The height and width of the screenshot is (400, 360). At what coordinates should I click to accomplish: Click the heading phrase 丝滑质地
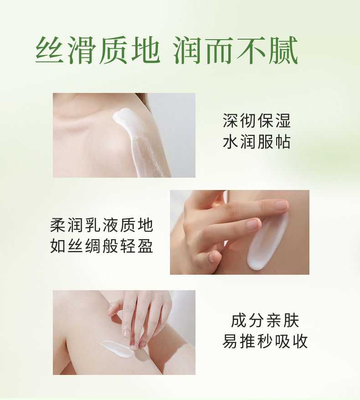pyautogui.click(x=98, y=50)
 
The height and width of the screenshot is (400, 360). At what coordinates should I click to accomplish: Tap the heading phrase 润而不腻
pyautogui.click(x=236, y=50)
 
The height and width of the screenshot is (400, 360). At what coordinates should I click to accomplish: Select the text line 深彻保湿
pyautogui.click(x=257, y=120)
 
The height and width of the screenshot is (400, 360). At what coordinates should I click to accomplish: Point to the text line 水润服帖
pyautogui.click(x=257, y=142)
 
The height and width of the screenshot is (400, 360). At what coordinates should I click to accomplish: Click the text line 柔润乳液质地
pyautogui.click(x=102, y=225)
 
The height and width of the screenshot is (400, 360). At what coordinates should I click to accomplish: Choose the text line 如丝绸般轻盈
pyautogui.click(x=102, y=246)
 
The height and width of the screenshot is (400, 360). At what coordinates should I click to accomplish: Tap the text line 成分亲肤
pyautogui.click(x=265, y=320)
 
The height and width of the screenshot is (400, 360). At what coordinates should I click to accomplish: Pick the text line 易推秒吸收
pyautogui.click(x=265, y=341)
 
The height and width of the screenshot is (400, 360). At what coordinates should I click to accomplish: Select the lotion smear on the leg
pyautogui.click(x=116, y=349)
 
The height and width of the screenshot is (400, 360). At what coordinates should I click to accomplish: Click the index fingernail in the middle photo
pyautogui.click(x=282, y=205)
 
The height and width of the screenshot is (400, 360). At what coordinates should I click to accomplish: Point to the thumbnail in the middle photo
pyautogui.click(x=212, y=256)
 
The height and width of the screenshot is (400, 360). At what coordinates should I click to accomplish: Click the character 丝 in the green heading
pyautogui.click(x=50, y=50)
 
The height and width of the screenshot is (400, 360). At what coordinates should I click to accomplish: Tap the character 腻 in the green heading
pyautogui.click(x=284, y=50)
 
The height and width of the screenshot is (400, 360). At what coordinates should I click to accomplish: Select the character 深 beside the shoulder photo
pyautogui.click(x=231, y=120)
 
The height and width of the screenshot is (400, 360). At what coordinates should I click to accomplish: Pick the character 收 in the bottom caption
pyautogui.click(x=300, y=341)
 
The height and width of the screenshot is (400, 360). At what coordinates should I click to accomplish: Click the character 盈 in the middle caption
pyautogui.click(x=145, y=246)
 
